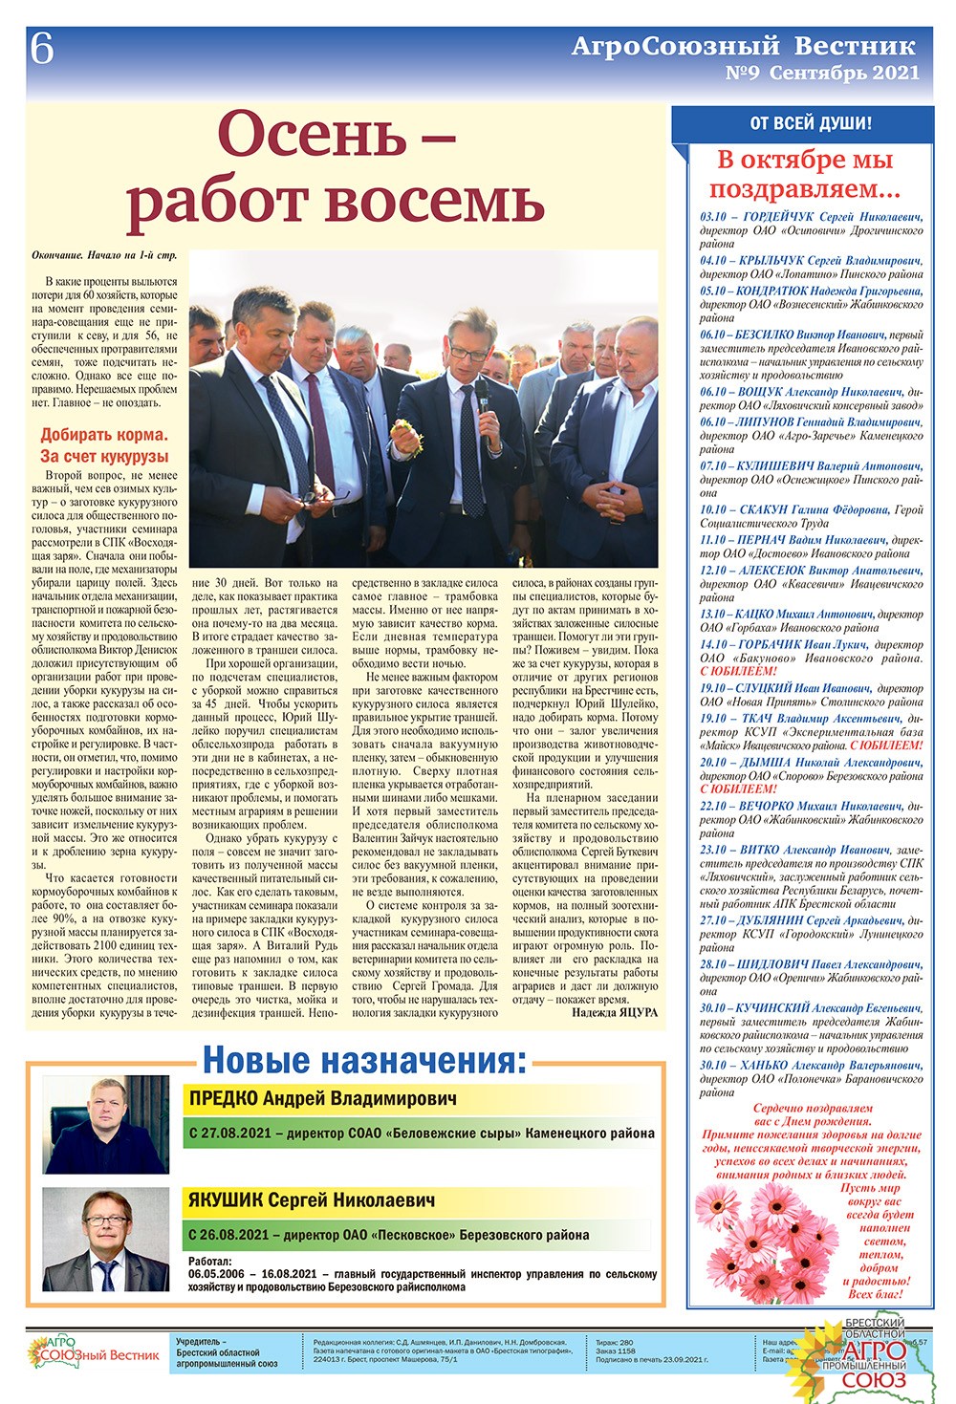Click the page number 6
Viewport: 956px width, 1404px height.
pyautogui.click(x=41, y=49)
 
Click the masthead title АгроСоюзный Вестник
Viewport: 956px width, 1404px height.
pyautogui.click(x=743, y=46)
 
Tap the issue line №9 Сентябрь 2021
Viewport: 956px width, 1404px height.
pyautogui.click(x=822, y=73)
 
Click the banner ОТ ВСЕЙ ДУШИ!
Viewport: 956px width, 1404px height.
pyautogui.click(x=810, y=123)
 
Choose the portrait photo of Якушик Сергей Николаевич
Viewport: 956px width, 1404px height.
pyautogui.click(x=106, y=1240)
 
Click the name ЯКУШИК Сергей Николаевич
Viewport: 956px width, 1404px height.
pyautogui.click(x=311, y=1200)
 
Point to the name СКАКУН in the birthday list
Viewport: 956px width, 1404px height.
pyautogui.click(x=761, y=510)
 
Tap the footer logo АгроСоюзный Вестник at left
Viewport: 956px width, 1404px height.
pyautogui.click(x=93, y=1352)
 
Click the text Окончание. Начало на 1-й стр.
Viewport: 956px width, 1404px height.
pyautogui.click(x=104, y=256)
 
